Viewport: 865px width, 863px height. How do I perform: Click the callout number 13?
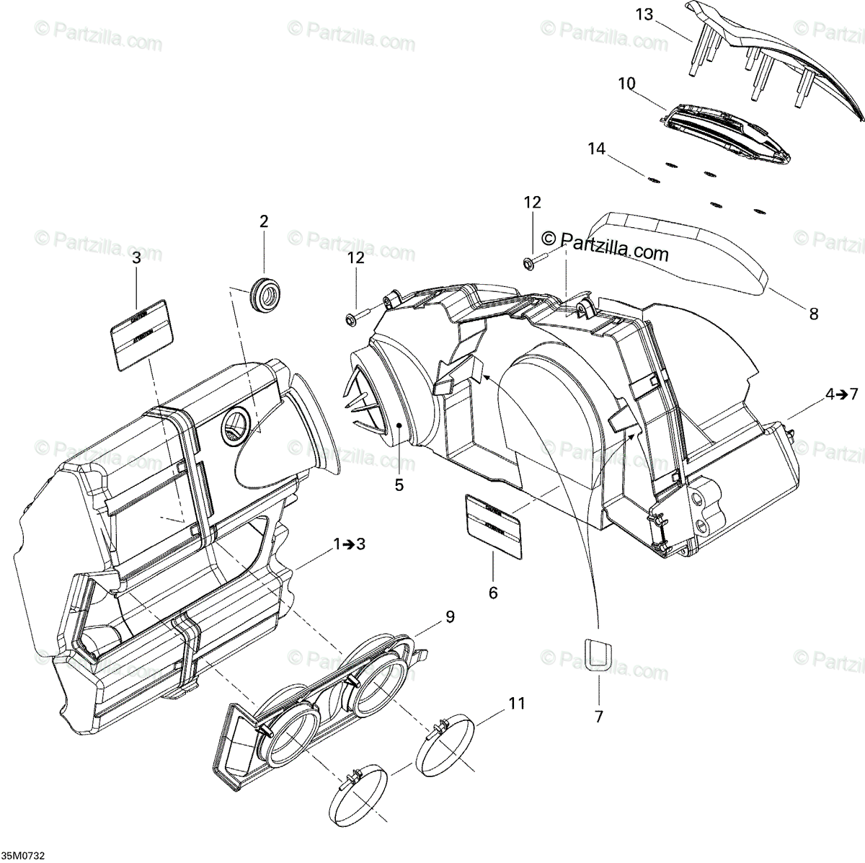click(x=644, y=13)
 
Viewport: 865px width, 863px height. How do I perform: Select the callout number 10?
click(x=626, y=83)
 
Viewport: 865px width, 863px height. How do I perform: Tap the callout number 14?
click(x=596, y=149)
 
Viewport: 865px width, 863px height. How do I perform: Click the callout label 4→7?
click(x=842, y=394)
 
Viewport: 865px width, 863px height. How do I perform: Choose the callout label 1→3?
click(x=349, y=544)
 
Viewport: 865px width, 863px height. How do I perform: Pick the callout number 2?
click(x=264, y=221)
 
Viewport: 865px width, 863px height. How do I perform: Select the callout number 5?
click(x=399, y=485)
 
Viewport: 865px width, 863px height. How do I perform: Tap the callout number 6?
click(x=493, y=593)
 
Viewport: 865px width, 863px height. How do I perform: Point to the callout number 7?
click(x=599, y=717)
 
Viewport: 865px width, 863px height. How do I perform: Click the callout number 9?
click(x=450, y=617)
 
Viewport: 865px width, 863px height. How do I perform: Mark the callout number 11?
click(x=516, y=703)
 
